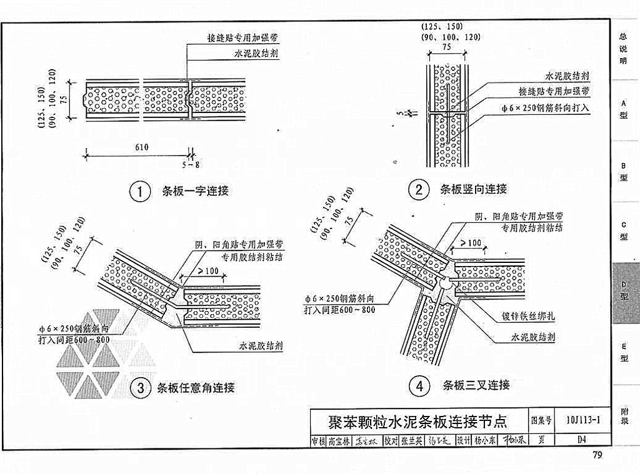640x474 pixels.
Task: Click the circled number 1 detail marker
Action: (140, 191)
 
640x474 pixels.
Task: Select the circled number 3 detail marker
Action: (140, 388)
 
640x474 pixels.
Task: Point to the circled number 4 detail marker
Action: (419, 385)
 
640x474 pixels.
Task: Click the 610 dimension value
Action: (141, 147)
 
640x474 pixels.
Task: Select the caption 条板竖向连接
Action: (473, 189)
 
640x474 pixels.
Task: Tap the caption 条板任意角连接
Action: (196, 388)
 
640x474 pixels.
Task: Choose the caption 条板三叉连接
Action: (476, 385)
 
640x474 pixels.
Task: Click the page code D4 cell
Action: (581, 439)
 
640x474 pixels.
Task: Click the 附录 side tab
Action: (624, 415)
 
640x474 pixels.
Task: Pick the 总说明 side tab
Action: (624, 48)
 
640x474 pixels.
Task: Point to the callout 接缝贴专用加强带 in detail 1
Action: (243, 37)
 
